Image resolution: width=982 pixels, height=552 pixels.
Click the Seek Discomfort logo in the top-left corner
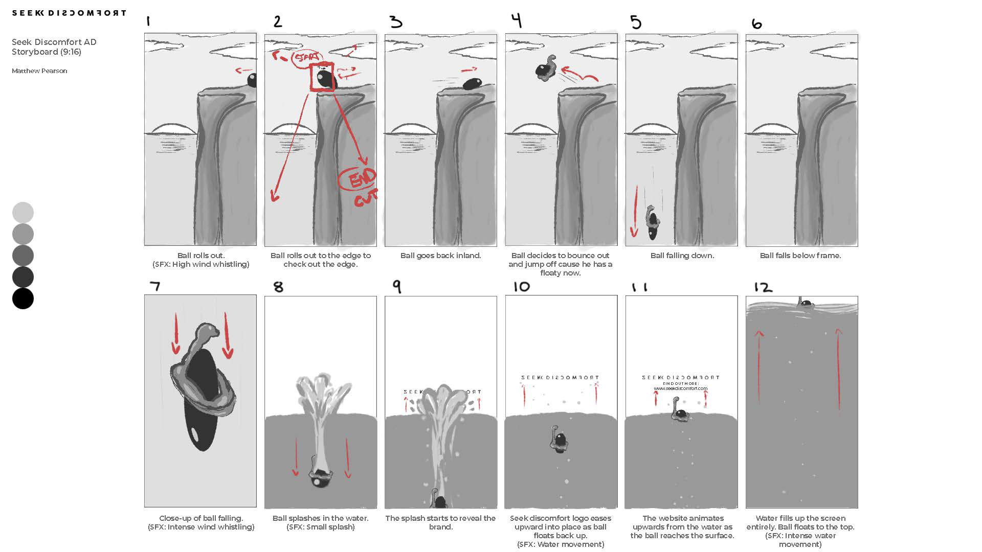69,13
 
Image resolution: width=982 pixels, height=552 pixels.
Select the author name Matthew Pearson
39,71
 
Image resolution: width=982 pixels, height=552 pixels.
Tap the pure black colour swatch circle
23,298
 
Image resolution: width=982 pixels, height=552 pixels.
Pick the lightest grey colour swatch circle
23,213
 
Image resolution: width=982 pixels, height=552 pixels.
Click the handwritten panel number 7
155,286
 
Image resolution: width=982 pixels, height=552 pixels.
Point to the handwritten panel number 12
763,287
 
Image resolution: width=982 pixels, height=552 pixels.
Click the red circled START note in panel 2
306,58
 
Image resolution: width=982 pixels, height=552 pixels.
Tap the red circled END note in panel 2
358,179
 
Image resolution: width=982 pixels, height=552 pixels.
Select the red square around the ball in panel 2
322,77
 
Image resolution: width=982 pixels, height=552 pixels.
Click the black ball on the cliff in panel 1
252,80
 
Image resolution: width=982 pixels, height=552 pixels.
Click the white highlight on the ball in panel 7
195,434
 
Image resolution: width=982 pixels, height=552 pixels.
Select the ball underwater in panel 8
321,477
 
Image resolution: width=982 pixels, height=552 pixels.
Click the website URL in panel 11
681,388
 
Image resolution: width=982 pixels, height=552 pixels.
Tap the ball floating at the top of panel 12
806,304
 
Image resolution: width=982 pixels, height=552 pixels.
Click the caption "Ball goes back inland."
440,256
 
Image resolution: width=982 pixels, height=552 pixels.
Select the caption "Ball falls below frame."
800,256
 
